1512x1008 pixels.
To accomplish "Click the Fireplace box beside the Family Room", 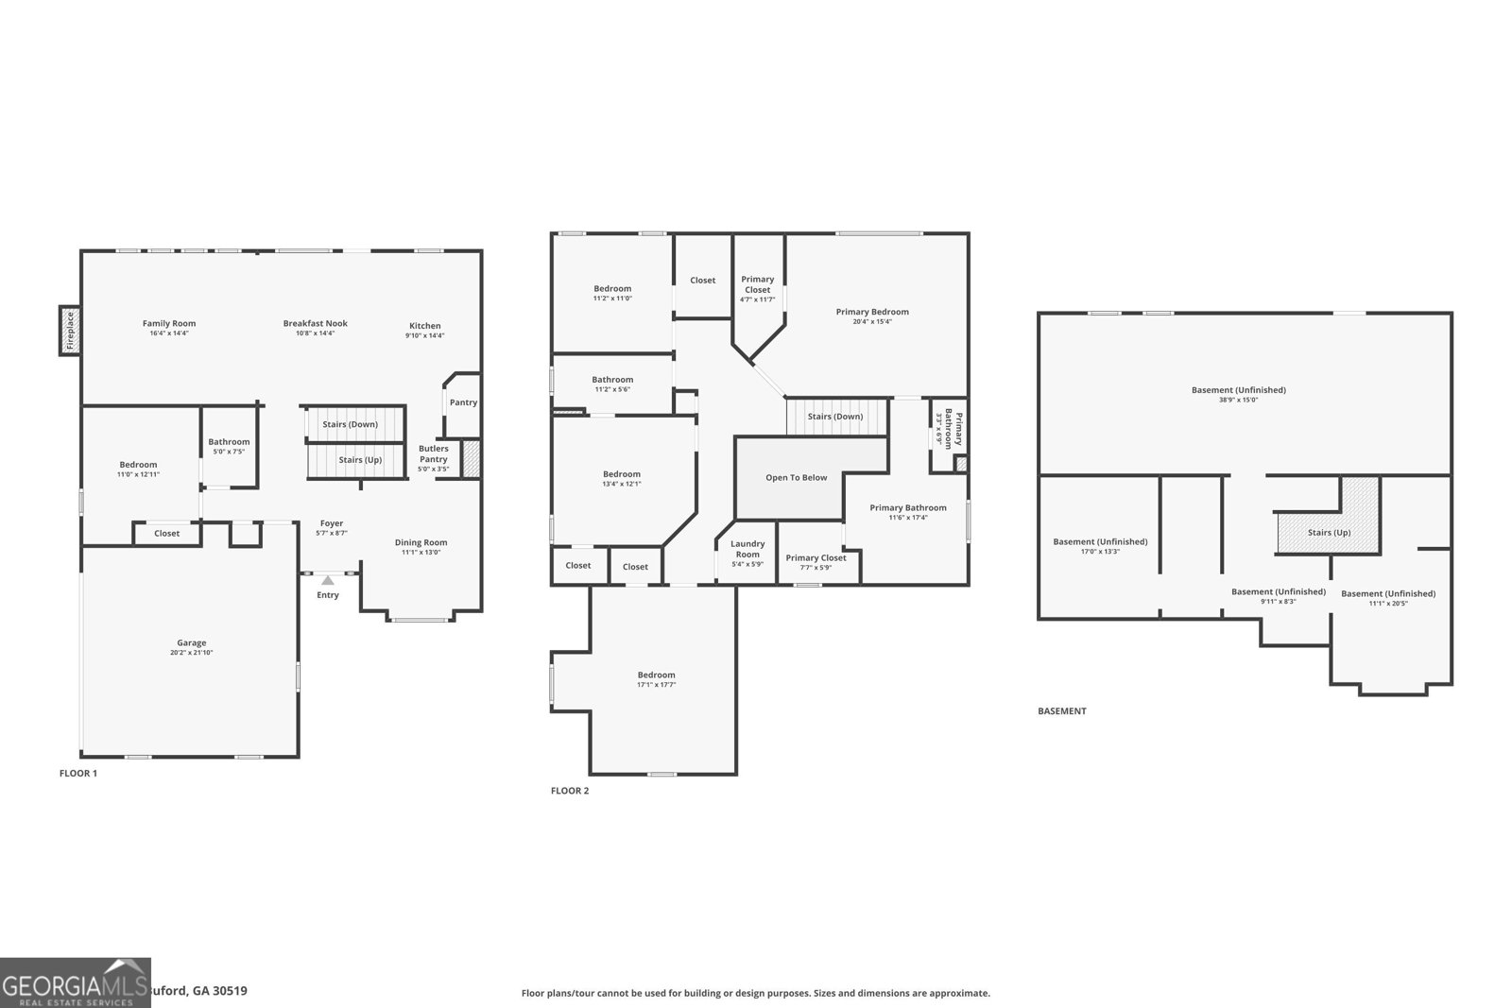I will (69, 331).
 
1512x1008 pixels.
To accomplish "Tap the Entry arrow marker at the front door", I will (327, 580).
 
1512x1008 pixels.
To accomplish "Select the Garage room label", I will (191, 643).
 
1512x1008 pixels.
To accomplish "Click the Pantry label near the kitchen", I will (463, 402).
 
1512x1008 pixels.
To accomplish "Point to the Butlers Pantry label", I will (434, 453).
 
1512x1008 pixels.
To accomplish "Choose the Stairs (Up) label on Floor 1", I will (360, 460).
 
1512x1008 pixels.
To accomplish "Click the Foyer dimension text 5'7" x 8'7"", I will (332, 534).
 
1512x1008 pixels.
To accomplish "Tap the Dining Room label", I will (421, 542).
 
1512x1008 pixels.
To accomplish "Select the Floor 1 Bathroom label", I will (229, 441).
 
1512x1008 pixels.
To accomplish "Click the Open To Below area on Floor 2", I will (796, 478).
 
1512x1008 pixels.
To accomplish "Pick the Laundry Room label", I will (747, 549).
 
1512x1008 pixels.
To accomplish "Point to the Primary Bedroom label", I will (872, 312).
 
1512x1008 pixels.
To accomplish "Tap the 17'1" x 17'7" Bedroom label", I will (656, 685).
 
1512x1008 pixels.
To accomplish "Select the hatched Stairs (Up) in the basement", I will (1329, 532).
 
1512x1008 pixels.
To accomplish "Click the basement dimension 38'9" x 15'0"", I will (1238, 400).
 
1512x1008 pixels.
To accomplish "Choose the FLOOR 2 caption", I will (570, 791).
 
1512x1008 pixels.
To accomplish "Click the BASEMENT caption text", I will (1062, 711).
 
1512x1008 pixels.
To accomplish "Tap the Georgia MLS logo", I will (76, 982).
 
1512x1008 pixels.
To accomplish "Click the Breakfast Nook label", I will (316, 323).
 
